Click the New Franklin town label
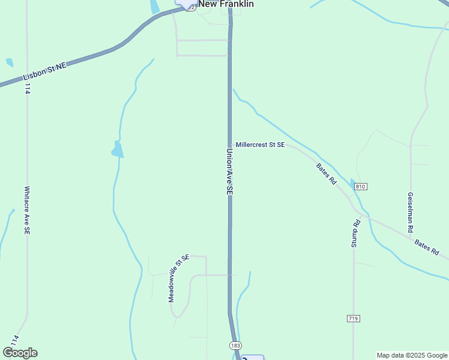(226, 4)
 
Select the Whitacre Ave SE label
(26, 209)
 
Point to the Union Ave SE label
(229, 171)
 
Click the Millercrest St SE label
(260, 145)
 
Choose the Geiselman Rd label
(411, 213)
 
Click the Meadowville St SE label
(178, 278)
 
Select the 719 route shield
(353, 318)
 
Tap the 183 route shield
(235, 346)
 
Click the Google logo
(20, 353)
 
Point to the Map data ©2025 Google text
(412, 355)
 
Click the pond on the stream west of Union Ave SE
(118, 149)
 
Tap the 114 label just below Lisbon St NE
(27, 89)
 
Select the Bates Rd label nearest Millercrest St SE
(327, 173)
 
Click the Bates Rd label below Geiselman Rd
(426, 247)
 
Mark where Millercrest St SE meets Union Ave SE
(229, 145)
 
